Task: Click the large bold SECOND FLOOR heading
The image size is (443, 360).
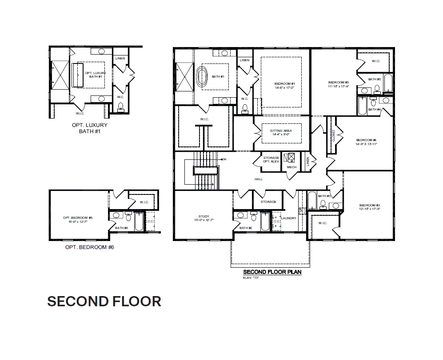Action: [x=104, y=301]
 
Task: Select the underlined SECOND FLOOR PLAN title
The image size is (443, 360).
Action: [x=272, y=272]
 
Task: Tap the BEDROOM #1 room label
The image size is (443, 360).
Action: [x=285, y=83]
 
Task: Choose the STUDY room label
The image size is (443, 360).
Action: [x=204, y=217]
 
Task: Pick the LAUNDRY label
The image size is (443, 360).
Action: [x=289, y=218]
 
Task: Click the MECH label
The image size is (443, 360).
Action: [x=291, y=167]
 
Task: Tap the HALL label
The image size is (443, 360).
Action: [x=259, y=179]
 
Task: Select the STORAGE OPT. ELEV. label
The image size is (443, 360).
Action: [x=271, y=159]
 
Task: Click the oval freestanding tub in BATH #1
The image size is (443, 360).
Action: [x=203, y=77]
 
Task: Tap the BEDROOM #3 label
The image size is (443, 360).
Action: [x=370, y=205]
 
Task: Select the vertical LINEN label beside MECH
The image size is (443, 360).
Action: [x=307, y=162]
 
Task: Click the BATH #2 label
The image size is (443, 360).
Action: [x=246, y=228]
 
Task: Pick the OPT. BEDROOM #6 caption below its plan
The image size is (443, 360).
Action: [x=89, y=247]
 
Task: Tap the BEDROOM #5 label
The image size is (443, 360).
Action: [x=339, y=82]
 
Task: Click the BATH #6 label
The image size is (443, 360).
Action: [x=121, y=228]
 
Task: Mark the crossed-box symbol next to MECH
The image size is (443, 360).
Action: [x=291, y=157]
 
